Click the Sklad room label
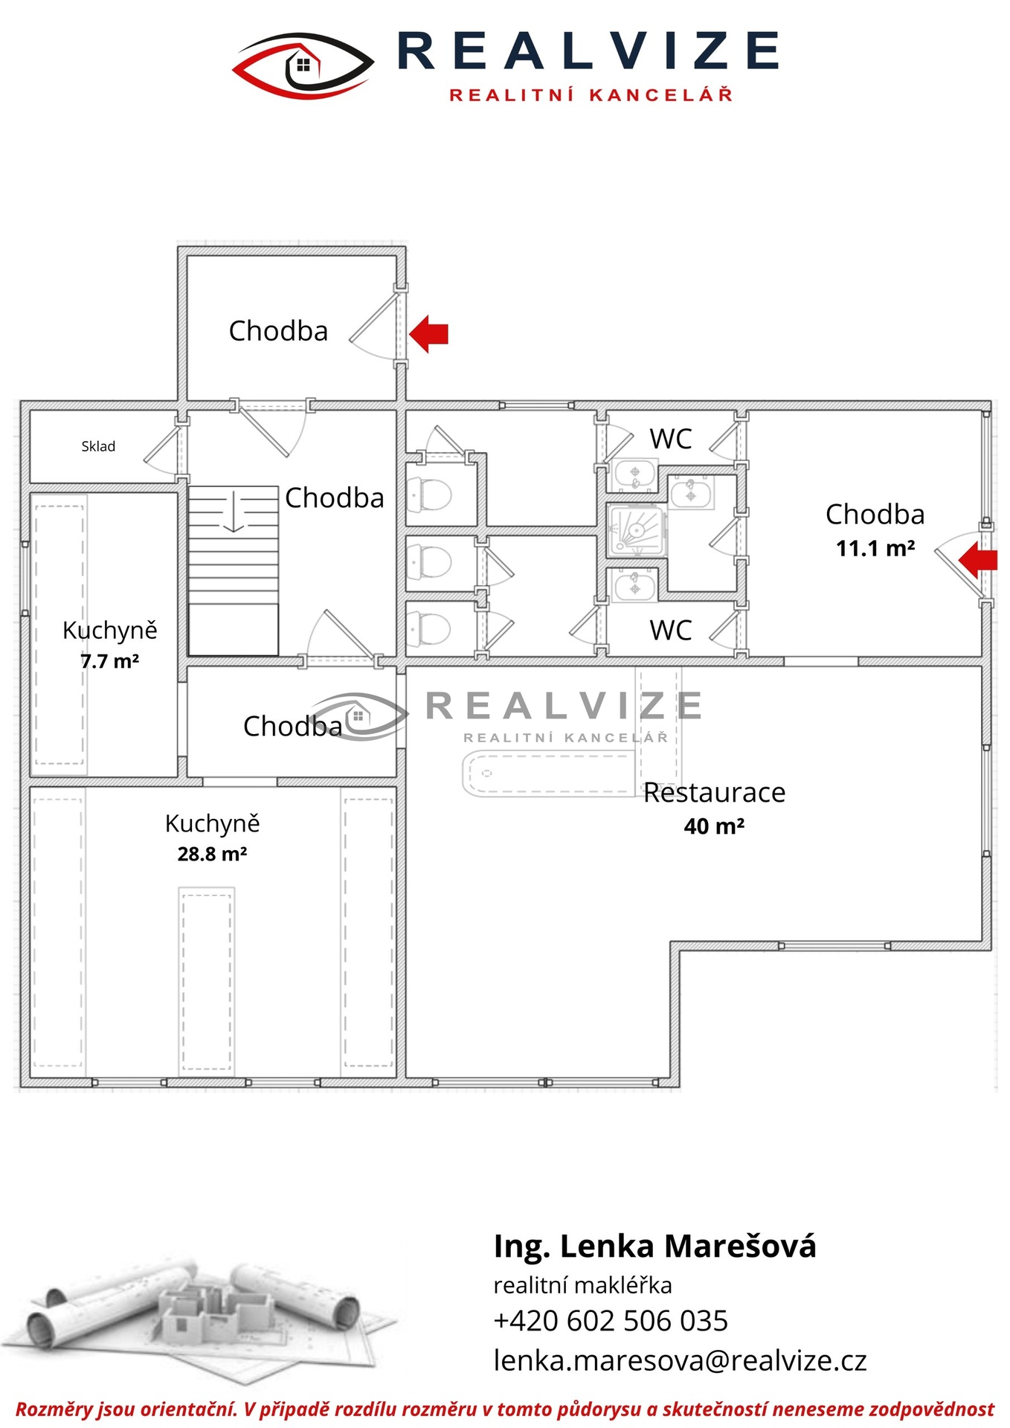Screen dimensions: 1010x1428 (x=98, y=446)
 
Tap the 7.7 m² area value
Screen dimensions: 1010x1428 (x=110, y=661)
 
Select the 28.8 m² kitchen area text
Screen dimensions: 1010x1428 (x=212, y=854)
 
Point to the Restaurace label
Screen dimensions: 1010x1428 (x=714, y=793)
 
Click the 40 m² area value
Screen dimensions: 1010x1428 (x=714, y=826)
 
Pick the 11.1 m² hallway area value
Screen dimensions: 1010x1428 (x=875, y=549)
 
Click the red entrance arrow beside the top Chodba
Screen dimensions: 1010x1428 (x=429, y=333)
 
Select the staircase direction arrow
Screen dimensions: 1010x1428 (x=234, y=511)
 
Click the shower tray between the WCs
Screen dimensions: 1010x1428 (x=637, y=530)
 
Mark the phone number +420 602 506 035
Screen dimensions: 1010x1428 (x=611, y=1320)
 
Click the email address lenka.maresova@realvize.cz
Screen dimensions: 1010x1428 (x=680, y=1360)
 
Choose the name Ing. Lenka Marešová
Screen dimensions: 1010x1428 (x=654, y=1246)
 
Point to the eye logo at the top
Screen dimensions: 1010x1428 (x=303, y=65)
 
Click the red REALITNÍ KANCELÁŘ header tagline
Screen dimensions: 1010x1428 (x=591, y=94)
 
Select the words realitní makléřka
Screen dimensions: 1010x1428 (x=582, y=1285)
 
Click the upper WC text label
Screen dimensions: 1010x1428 (x=671, y=439)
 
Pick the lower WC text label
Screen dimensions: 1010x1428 (x=671, y=631)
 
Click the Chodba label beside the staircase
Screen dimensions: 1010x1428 (x=335, y=498)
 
